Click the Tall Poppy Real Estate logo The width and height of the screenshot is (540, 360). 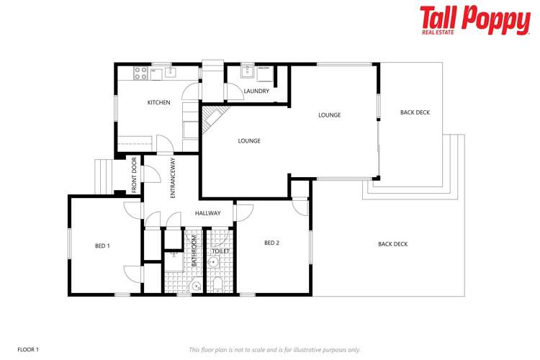[x=474, y=20]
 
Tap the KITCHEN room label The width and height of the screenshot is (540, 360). [x=158, y=103]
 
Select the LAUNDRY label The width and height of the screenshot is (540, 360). [x=256, y=91]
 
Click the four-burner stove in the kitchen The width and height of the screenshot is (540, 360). [x=140, y=72]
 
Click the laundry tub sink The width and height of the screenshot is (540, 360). [x=246, y=71]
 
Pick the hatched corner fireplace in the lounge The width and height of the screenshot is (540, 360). [x=212, y=118]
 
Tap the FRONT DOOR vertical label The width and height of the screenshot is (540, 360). [x=134, y=175]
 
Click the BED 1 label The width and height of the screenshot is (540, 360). [x=102, y=246]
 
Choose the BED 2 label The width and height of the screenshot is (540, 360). [x=271, y=243]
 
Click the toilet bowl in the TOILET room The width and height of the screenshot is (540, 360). [x=217, y=286]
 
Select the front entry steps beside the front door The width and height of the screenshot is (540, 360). [x=104, y=176]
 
